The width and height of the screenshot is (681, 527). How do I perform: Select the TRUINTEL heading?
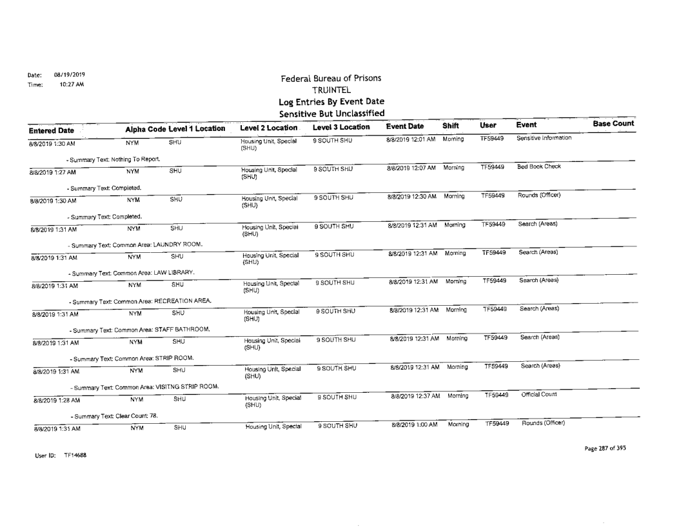[x=330, y=91]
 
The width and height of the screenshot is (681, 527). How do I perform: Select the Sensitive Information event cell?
[x=545, y=138]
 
